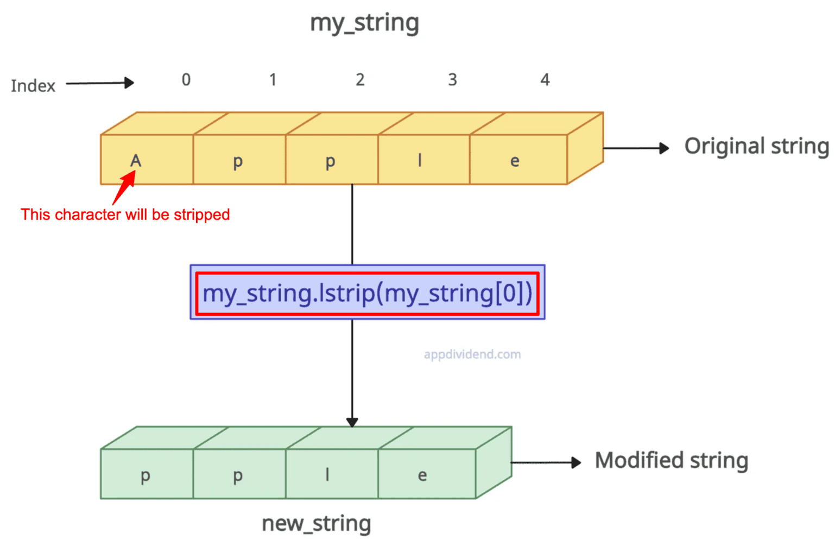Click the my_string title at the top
pos(364,23)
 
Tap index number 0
pos(186,80)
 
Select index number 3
pos(452,80)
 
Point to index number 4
pos(545,80)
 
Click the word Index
pos(33,86)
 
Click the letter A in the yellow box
pos(136,160)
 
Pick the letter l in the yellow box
pos(420,160)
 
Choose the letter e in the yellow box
pos(515,161)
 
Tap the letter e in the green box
pos(422,476)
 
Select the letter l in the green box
pos(327,475)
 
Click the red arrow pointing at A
pos(124,187)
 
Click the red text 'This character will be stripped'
pos(125,215)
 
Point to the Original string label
pos(756,147)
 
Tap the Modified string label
pos(672,461)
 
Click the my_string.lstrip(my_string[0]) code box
pos(368,293)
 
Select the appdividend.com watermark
pos(472,354)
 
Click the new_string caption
pos(317,524)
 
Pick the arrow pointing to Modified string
pos(546,462)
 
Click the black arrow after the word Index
pos(100,83)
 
